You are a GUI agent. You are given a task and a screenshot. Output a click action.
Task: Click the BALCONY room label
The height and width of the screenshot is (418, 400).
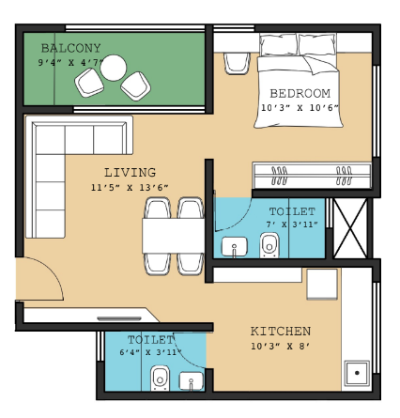[70, 48]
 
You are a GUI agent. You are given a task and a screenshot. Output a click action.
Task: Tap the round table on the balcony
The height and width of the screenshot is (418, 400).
[114, 68]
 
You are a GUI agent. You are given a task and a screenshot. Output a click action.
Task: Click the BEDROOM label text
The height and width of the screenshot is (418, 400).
[300, 93]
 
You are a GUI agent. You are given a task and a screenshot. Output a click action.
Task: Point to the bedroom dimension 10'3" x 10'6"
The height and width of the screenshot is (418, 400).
[300, 108]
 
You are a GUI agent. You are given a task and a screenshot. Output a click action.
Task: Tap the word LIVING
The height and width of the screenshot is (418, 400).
[130, 172]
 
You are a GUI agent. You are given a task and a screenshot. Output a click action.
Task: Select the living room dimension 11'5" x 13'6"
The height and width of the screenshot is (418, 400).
[130, 186]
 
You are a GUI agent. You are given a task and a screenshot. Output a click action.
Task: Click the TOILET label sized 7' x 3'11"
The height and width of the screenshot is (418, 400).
[291, 211]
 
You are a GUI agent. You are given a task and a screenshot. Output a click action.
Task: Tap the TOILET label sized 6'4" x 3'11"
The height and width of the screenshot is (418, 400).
[150, 338]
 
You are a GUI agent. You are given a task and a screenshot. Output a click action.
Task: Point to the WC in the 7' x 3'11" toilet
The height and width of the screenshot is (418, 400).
[270, 246]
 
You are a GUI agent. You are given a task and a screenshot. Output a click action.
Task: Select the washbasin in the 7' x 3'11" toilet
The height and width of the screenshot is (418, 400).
[231, 247]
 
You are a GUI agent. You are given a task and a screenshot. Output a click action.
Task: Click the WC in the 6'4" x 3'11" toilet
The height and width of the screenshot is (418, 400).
[160, 378]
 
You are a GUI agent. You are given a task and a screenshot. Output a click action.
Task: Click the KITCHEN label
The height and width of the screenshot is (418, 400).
[280, 332]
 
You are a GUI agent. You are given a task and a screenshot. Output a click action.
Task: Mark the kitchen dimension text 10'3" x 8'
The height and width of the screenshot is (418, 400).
[280, 347]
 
